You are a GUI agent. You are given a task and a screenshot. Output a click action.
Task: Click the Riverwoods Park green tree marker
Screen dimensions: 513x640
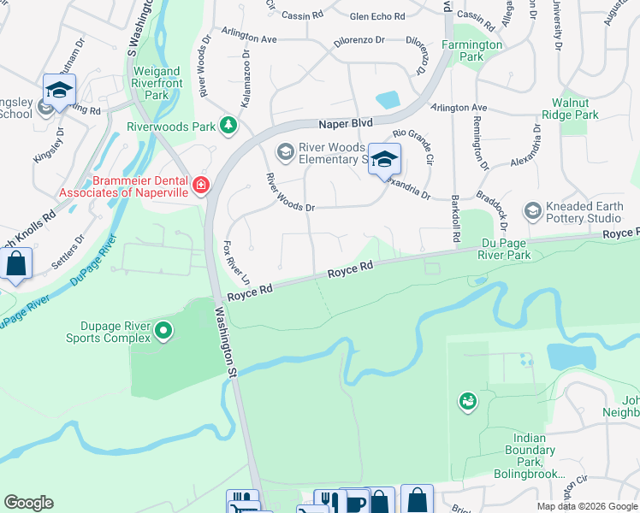[228, 126]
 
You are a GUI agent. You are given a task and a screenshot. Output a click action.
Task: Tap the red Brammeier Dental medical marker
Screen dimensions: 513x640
[201, 185]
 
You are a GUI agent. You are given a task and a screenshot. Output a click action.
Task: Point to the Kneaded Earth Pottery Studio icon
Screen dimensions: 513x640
[532, 210]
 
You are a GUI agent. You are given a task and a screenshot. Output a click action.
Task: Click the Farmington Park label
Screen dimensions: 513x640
[471, 50]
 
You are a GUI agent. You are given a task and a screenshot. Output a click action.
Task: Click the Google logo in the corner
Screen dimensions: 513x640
[28, 503]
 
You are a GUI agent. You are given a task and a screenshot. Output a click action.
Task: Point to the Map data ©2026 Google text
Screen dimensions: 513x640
[586, 506]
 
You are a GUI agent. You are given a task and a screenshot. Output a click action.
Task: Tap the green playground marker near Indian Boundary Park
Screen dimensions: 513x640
[467, 401]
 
